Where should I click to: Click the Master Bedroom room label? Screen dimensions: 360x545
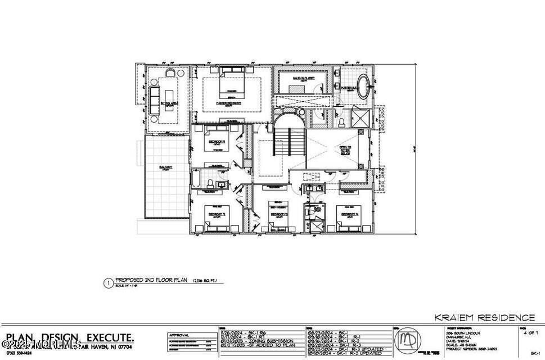(228, 103)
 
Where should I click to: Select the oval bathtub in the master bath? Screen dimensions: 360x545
(365, 87)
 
